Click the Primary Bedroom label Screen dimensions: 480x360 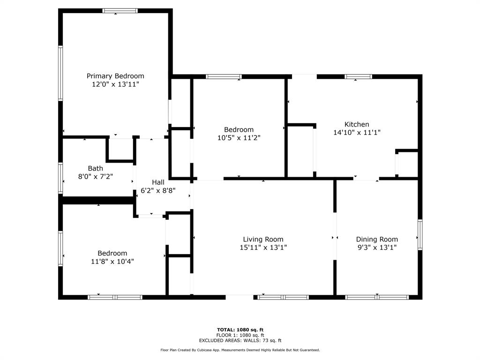coord(115,76)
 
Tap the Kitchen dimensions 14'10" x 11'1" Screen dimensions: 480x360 coord(357,133)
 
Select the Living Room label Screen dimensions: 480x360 coord(263,240)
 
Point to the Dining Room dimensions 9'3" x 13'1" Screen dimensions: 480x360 coord(377,247)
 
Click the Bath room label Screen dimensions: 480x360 coord(96,168)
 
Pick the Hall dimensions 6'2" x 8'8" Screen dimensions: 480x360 coord(158,190)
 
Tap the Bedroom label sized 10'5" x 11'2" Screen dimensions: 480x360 coord(239,129)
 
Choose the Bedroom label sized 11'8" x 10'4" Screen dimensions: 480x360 coord(112,253)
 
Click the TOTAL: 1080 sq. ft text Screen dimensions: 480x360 coord(240,330)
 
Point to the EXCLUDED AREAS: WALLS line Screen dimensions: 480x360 coord(240,340)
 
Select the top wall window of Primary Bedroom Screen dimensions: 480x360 coord(120,11)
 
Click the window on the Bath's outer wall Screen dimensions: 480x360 coord(60,178)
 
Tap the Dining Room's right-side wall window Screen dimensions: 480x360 coord(420,235)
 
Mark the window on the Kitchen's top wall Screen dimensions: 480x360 coord(358,76)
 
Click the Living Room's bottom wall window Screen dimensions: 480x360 coord(283,297)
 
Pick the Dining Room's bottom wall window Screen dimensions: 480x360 coord(377,297)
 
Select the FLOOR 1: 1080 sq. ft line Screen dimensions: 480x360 coord(240,335)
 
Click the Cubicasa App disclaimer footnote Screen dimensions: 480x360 coord(240,350)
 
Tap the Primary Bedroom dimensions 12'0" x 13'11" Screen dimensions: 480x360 coord(115,84)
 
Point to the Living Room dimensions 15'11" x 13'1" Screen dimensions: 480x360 coord(263,247)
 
